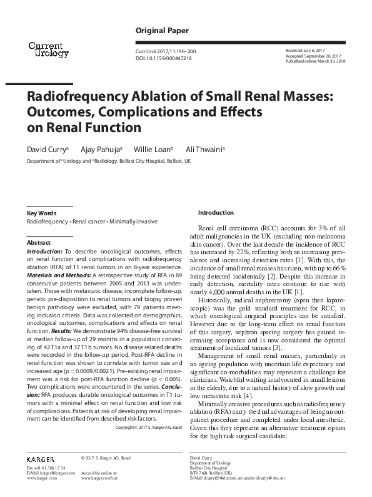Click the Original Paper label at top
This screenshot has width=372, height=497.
(160, 31)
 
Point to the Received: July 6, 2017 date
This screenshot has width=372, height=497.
(306, 49)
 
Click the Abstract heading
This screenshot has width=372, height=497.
(39, 242)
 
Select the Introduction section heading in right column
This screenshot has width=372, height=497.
(215, 213)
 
